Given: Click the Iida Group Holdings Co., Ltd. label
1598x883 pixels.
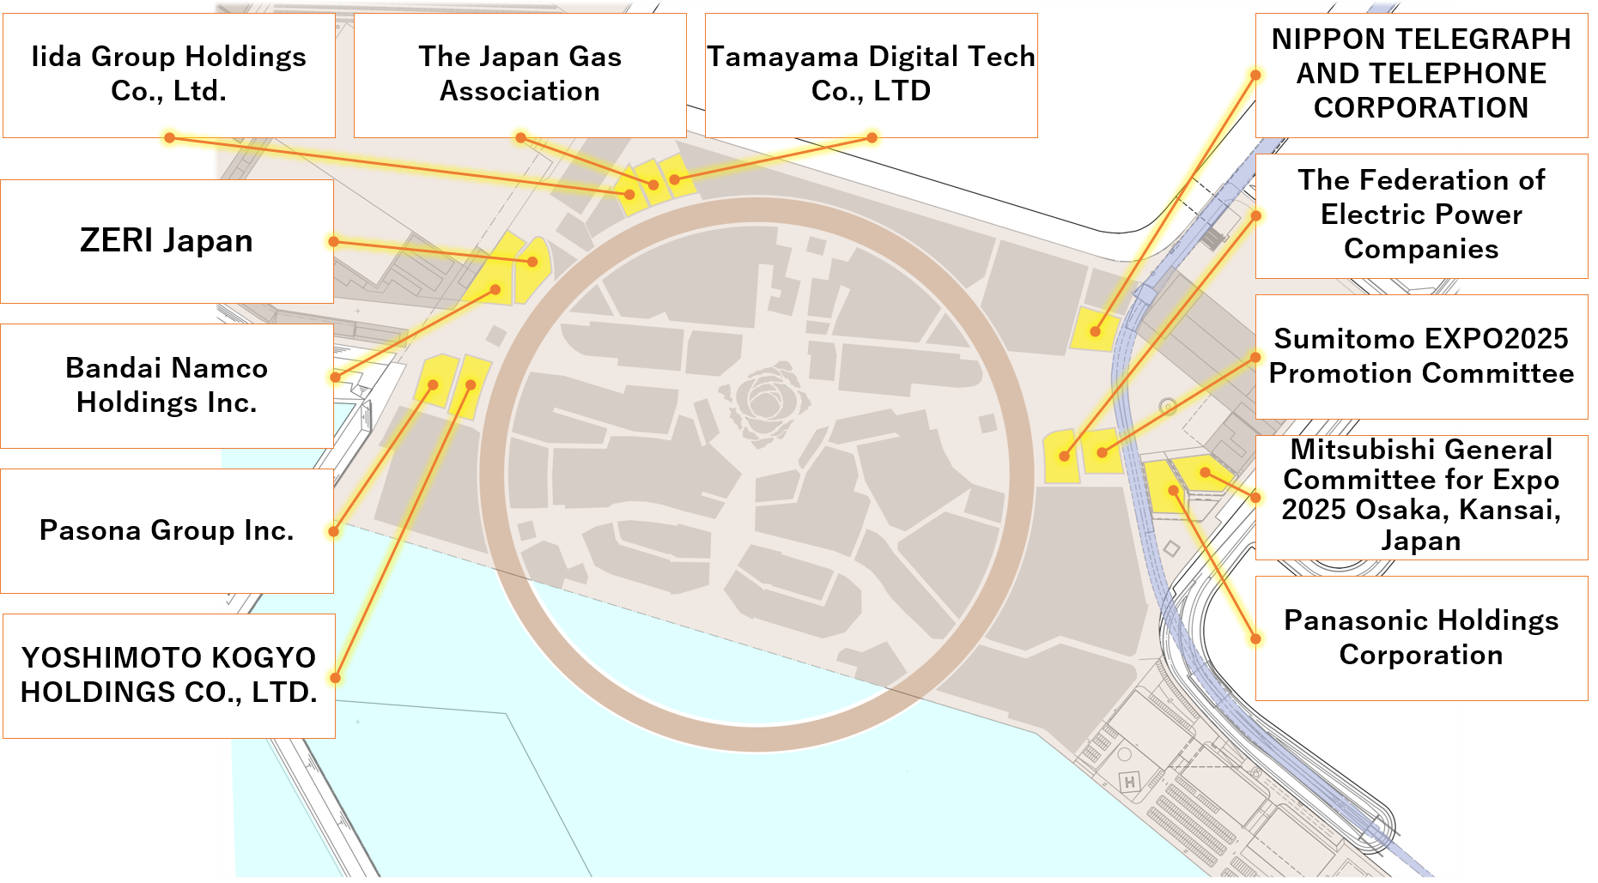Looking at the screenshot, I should [x=168, y=74].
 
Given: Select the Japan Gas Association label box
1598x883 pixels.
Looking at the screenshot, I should [x=520, y=74].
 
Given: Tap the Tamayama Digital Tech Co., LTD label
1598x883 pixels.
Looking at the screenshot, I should [x=871, y=74].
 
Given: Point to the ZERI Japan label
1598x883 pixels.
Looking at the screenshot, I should [x=167, y=240].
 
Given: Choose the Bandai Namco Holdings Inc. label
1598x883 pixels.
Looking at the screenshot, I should [x=167, y=385].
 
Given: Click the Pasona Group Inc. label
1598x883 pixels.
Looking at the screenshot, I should [x=167, y=530].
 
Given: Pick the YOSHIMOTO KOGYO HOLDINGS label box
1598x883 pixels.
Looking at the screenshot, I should [x=168, y=674].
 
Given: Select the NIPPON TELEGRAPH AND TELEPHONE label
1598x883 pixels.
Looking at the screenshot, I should [x=1421, y=74].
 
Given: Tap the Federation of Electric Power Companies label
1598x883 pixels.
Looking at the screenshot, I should [x=1421, y=215].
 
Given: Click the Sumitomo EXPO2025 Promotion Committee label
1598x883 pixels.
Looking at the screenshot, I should [x=1421, y=356].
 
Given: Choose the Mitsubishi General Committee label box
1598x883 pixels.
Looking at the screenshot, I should [x=1421, y=496].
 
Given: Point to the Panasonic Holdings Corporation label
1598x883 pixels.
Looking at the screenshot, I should [x=1421, y=638].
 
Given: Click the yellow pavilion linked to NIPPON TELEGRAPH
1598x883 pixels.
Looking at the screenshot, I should [x=1095, y=330].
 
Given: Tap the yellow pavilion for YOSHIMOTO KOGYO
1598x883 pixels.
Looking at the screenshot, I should [x=471, y=385].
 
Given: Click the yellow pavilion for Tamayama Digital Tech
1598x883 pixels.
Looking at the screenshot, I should [x=676, y=176].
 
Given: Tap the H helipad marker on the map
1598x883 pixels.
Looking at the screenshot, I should [x=1130, y=782].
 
